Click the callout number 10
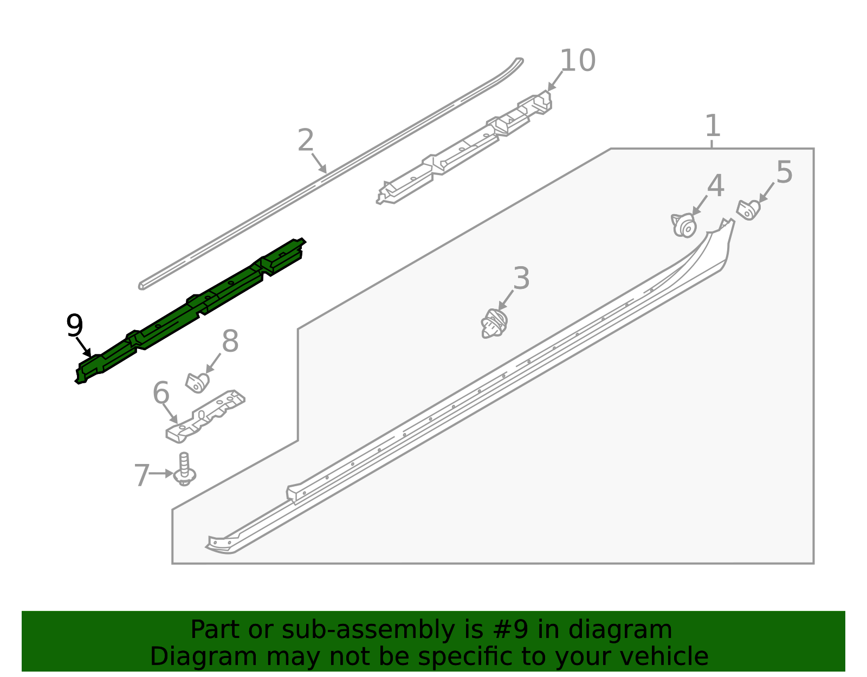point(577,61)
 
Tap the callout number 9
point(75,325)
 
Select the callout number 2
point(306,140)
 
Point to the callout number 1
point(713,125)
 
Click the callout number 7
point(142,475)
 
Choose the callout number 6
point(161,392)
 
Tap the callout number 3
point(521,278)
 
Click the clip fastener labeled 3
point(494,324)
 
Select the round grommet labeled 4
point(683,226)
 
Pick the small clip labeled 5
point(748,210)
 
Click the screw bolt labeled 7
point(184,469)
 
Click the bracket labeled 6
point(205,416)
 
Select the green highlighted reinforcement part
point(191,311)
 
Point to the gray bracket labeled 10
point(464,147)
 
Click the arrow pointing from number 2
point(319,163)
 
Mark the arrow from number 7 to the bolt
point(161,474)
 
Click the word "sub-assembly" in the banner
point(368,629)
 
